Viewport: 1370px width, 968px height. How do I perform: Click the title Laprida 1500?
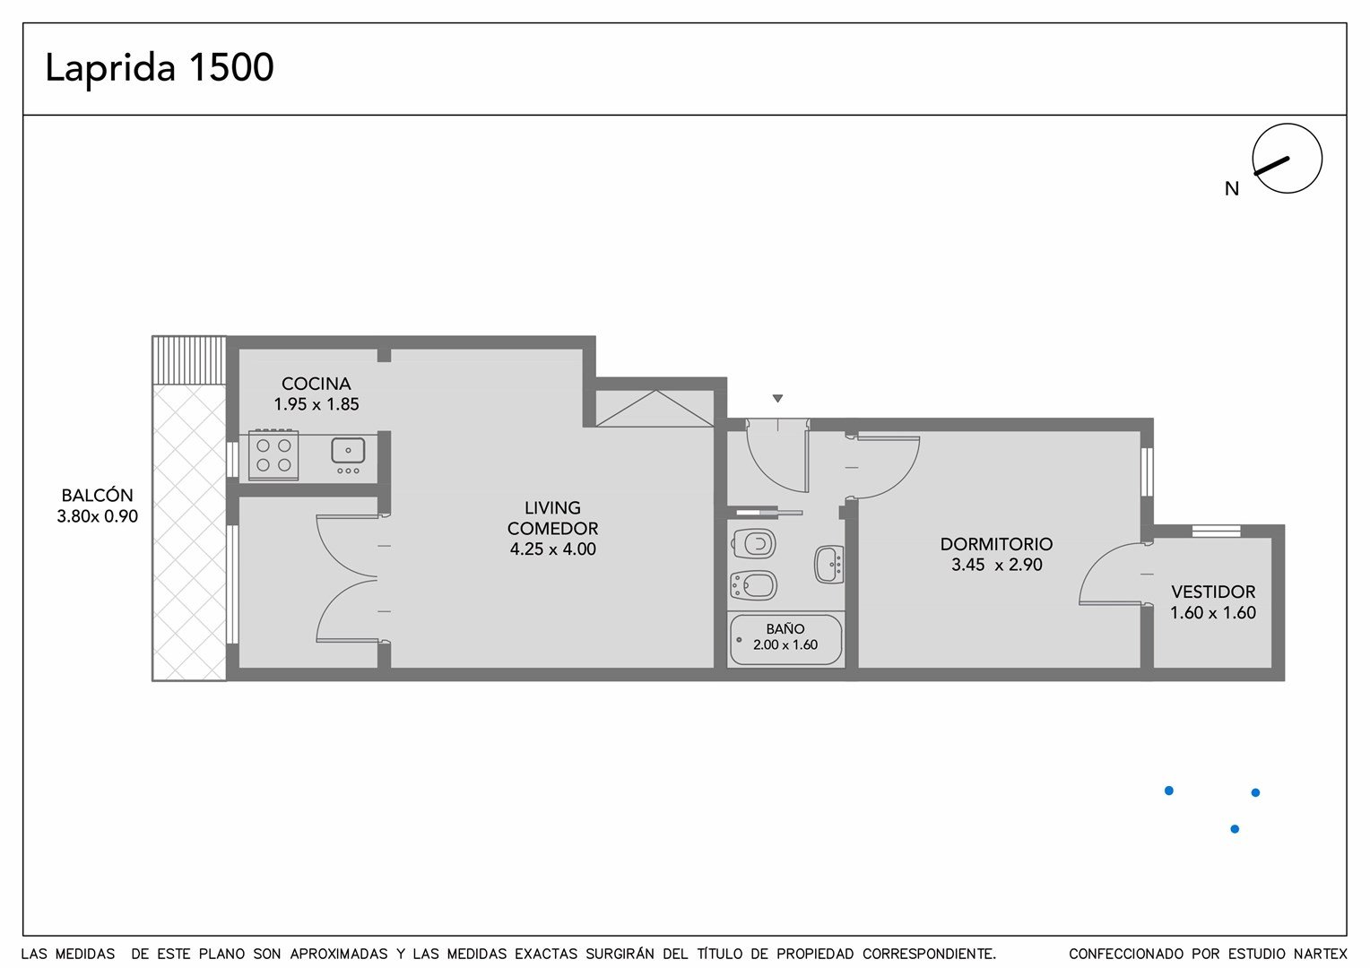pos(160,68)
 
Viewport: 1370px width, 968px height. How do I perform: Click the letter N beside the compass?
pos(1232,189)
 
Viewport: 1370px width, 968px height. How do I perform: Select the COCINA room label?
pos(316,384)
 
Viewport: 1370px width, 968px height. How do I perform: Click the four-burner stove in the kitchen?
pos(273,455)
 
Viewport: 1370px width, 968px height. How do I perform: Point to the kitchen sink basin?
pos(348,451)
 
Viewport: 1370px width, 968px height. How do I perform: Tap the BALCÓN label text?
pos(97,495)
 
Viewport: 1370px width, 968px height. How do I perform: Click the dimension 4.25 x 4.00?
pos(553,549)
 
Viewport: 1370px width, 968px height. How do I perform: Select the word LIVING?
pos(553,507)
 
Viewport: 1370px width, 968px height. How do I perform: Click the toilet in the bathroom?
pos(753,543)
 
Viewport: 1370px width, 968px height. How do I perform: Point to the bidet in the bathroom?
pos(754,585)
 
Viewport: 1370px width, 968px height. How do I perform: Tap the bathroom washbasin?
pos(829,565)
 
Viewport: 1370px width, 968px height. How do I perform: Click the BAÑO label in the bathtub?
pos(785,628)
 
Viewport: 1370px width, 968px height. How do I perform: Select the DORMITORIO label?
pos(996,544)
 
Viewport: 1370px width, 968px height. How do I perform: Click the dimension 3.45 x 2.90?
pos(996,565)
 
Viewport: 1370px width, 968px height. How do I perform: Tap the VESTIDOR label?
pos(1213,592)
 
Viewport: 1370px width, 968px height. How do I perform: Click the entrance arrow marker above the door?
pos(777,398)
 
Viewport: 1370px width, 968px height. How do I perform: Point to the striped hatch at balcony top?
pos(189,359)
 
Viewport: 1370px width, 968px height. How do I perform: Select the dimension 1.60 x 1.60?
pos(1213,612)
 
